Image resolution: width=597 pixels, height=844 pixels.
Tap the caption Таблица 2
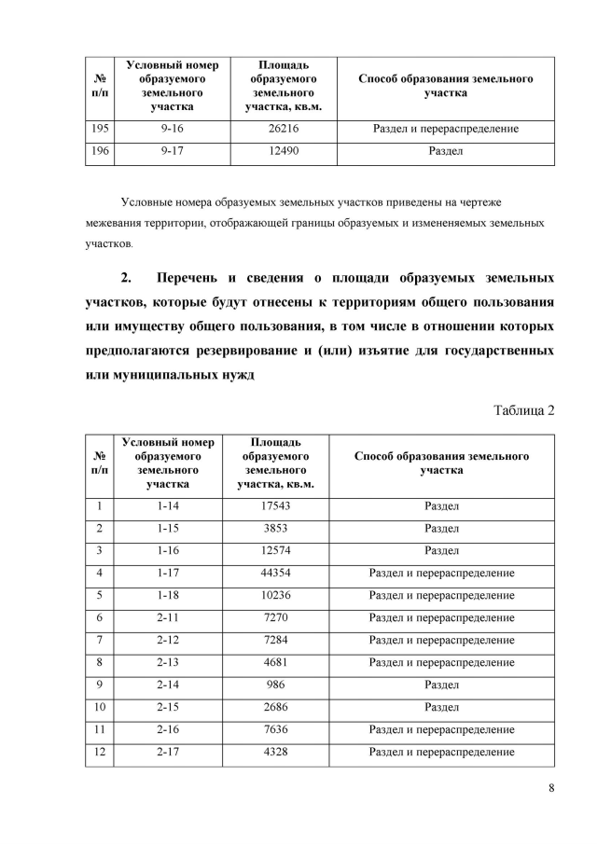point(522,411)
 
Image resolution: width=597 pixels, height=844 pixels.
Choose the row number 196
point(100,151)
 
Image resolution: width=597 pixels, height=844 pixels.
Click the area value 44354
point(275,572)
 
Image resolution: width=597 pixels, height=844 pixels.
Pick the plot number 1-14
point(168,506)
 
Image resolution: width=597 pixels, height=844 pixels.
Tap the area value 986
point(275,685)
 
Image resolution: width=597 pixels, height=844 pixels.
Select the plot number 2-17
point(168,752)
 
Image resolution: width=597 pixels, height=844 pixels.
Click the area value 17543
point(275,506)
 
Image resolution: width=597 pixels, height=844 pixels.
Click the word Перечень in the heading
point(197,279)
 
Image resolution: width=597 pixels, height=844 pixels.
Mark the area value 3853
point(275,529)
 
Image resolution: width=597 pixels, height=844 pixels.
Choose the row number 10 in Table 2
point(99,707)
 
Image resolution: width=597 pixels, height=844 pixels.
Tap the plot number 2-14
point(168,685)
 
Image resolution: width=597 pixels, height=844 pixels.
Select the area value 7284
point(275,640)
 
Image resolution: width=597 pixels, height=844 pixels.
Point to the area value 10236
point(275,595)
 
